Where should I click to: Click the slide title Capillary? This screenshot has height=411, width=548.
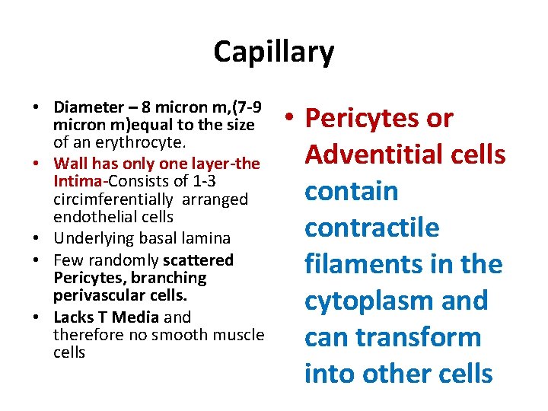(x=273, y=52)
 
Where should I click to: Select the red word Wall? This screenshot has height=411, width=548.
(x=71, y=164)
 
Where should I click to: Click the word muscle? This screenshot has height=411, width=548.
(x=238, y=335)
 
